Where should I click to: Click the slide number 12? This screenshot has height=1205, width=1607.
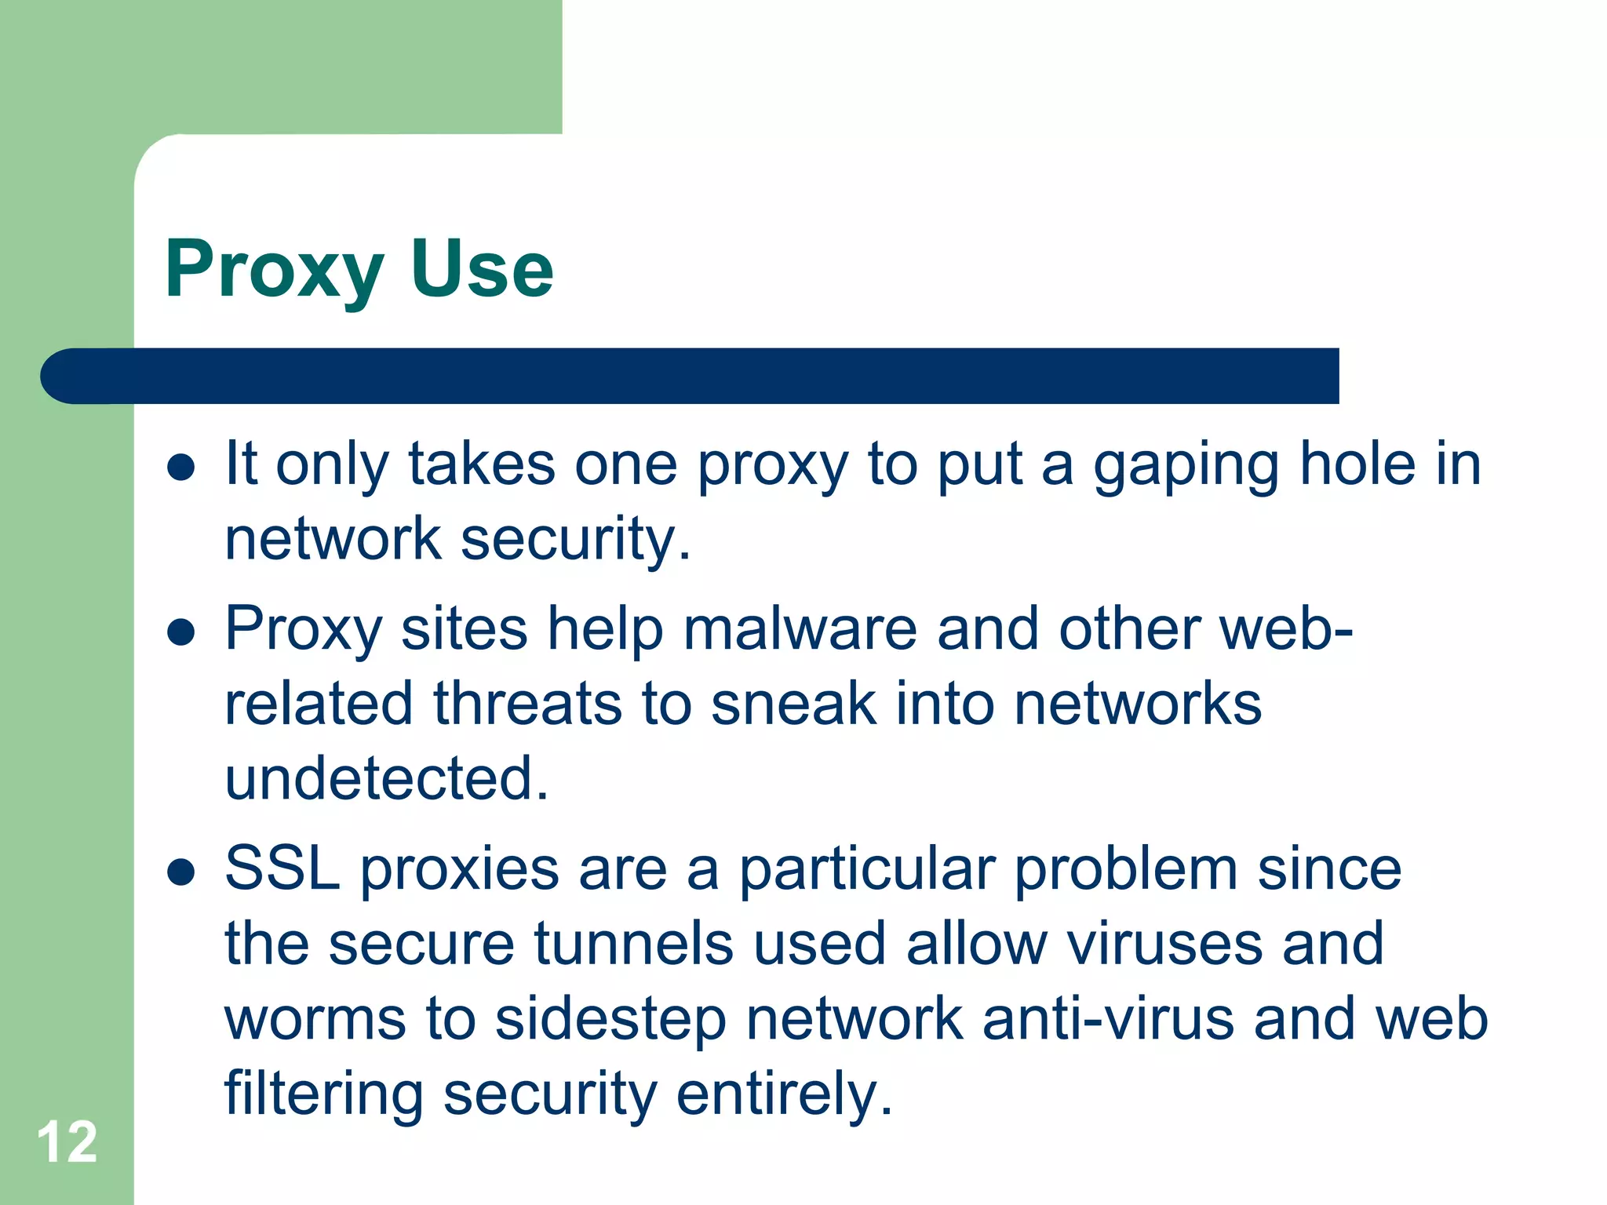pyautogui.click(x=67, y=1142)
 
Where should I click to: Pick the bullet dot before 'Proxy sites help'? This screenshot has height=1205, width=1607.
pyautogui.click(x=181, y=632)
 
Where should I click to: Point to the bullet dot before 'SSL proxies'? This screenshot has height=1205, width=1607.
pyautogui.click(x=181, y=872)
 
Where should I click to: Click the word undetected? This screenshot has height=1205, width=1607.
pyautogui.click(x=386, y=778)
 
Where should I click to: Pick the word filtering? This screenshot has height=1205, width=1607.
pyautogui.click(x=323, y=1094)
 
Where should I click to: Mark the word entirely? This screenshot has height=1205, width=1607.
pyautogui.click(x=784, y=1094)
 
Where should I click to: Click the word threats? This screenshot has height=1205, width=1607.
pyautogui.click(x=527, y=704)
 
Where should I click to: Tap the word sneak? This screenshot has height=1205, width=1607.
pyautogui.click(x=793, y=704)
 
